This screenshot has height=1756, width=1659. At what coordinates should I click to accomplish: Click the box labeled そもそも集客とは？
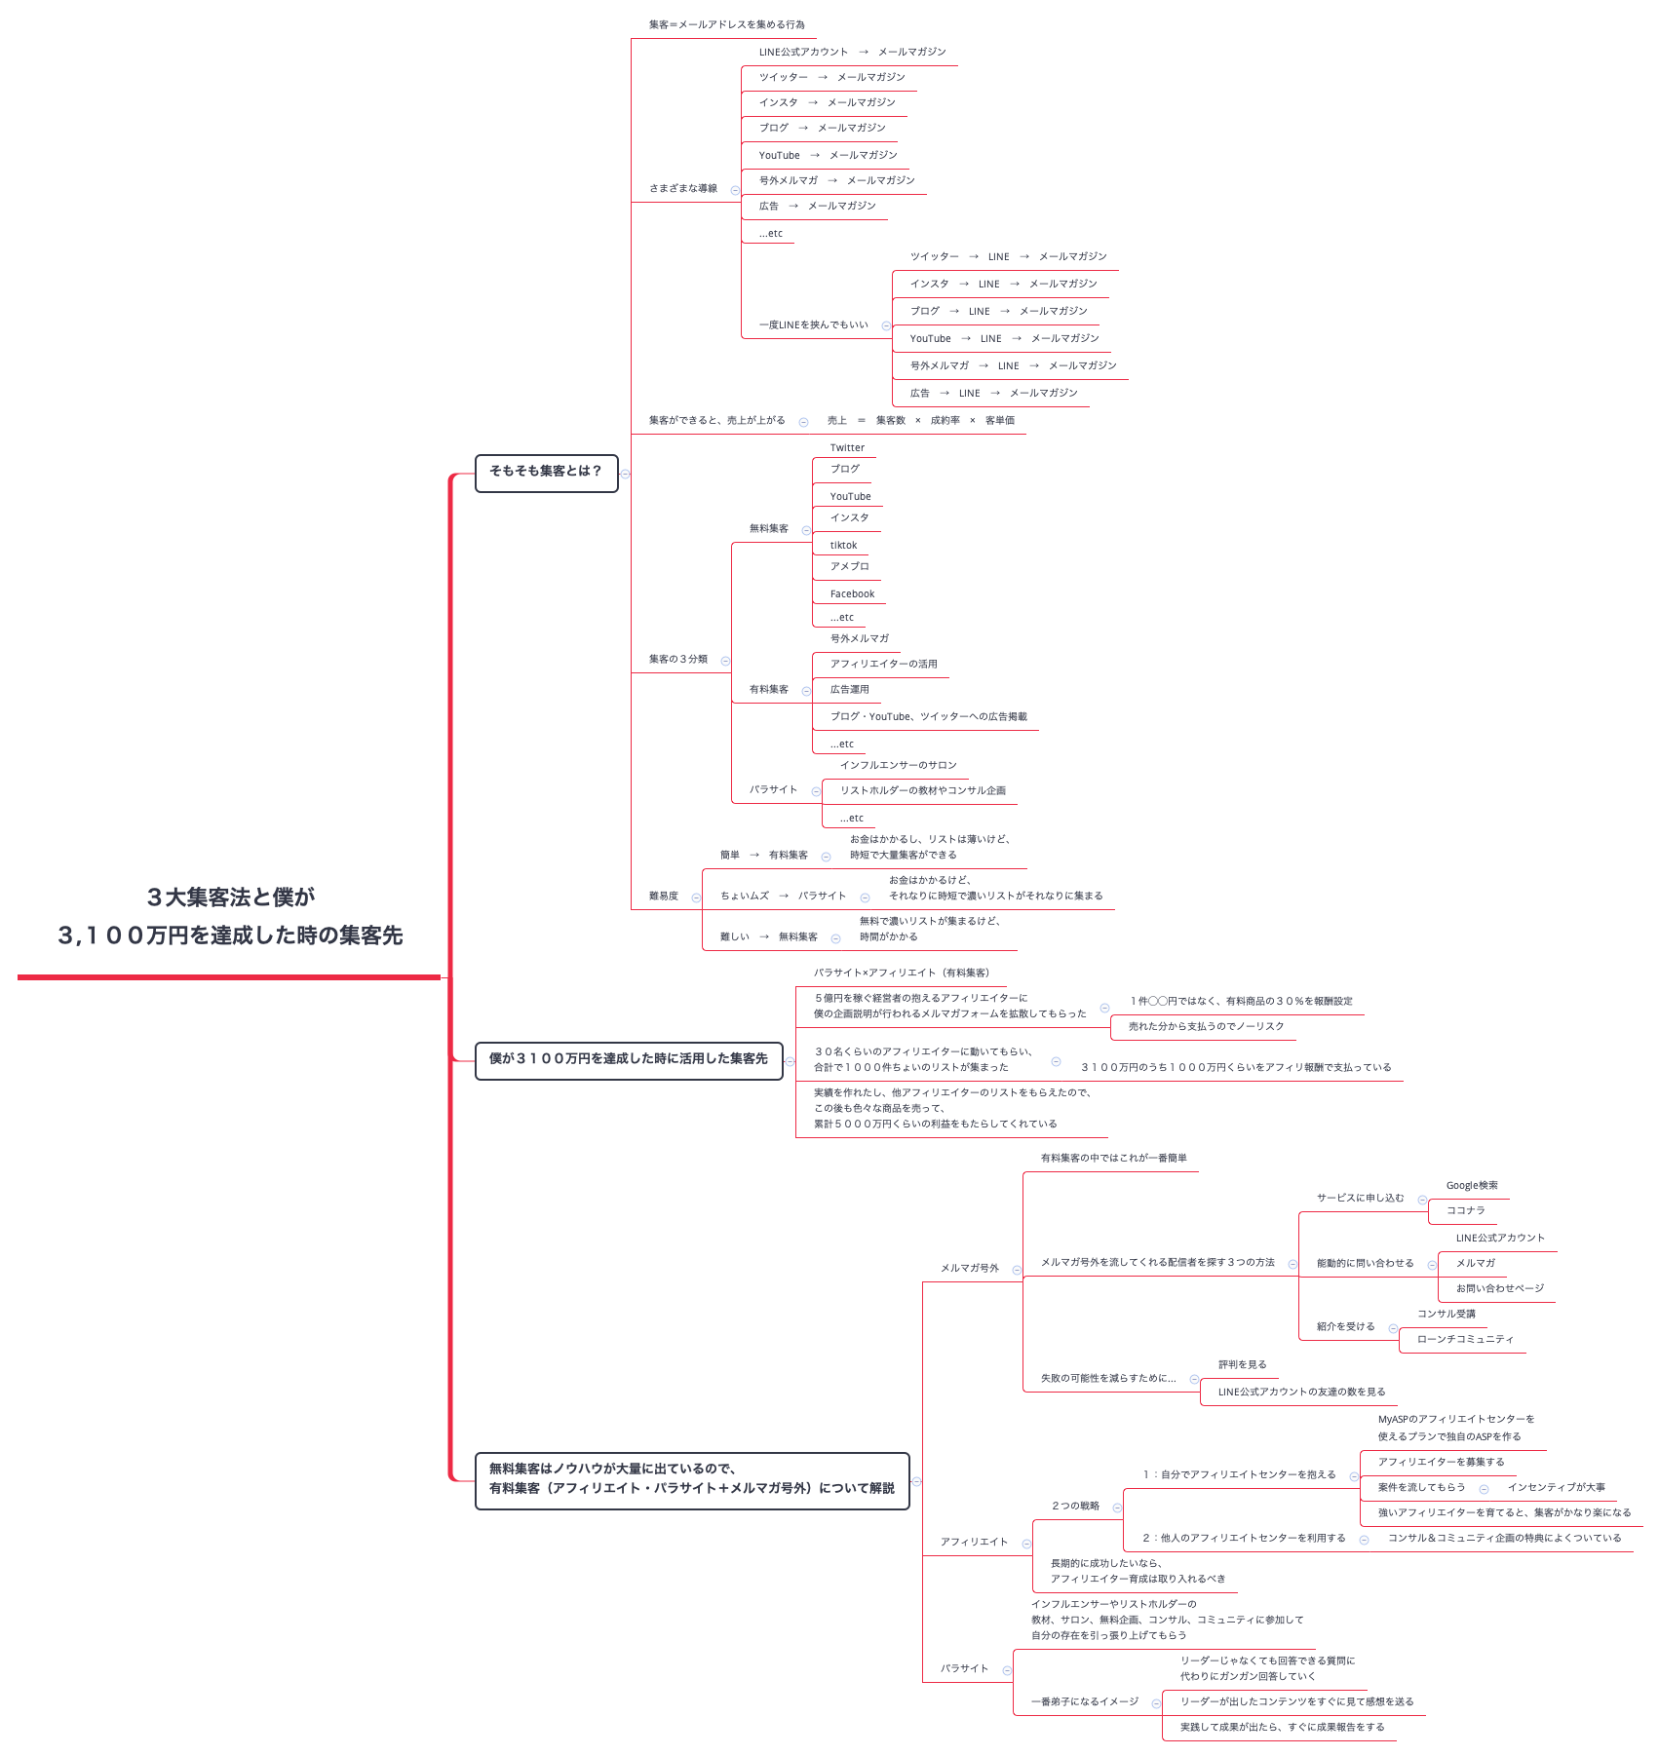(x=546, y=473)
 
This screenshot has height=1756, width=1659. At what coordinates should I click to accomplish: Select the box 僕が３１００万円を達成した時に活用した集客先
(x=628, y=1060)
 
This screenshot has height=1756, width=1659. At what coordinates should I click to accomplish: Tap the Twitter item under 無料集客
(x=847, y=448)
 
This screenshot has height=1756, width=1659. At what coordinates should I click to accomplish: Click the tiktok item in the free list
(x=843, y=546)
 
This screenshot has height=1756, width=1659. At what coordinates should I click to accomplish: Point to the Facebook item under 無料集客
(x=852, y=594)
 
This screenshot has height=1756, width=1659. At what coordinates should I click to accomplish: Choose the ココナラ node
(x=1465, y=1210)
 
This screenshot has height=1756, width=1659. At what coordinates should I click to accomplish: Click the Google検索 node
(x=1471, y=1186)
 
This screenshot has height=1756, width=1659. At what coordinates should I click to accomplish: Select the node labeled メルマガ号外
(x=969, y=1269)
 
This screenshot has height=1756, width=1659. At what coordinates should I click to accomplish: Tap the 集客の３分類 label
(x=677, y=660)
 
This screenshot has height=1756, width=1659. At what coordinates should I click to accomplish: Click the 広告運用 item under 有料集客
(x=849, y=690)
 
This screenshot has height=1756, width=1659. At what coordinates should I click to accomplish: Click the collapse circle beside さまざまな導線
(x=735, y=190)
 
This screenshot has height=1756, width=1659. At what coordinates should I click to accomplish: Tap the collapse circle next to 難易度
(x=696, y=897)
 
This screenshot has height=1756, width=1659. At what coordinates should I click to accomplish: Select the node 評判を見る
(x=1242, y=1365)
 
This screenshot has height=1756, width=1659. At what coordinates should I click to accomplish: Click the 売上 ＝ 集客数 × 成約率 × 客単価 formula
(x=920, y=421)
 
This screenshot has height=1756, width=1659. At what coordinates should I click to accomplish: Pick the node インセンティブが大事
(x=1556, y=1488)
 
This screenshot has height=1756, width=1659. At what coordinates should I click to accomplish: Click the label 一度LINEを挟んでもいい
(x=813, y=325)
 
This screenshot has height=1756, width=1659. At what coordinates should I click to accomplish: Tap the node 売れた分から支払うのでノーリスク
(x=1206, y=1027)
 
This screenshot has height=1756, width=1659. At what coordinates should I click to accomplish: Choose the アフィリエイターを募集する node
(x=1441, y=1463)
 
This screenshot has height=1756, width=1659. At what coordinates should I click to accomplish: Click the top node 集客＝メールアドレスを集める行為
(x=726, y=25)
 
